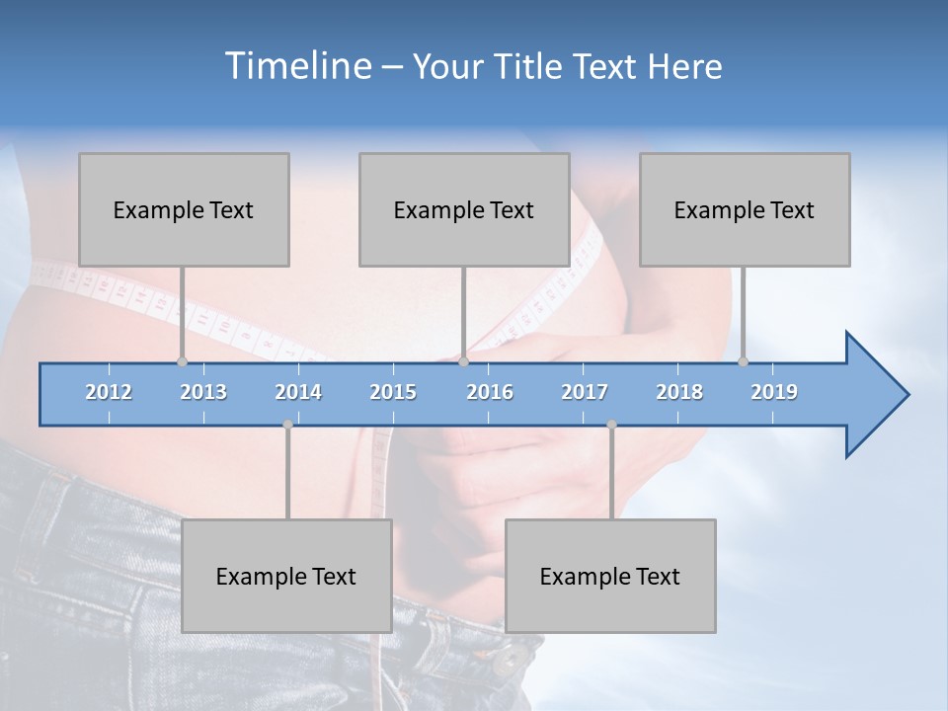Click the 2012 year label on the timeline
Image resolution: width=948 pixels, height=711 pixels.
coord(109,392)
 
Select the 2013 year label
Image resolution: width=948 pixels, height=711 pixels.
coord(203,392)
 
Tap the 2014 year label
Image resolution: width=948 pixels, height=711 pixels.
coord(298,392)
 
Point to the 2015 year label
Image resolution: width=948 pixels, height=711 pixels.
coord(393,392)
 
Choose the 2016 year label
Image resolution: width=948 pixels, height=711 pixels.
coord(490,392)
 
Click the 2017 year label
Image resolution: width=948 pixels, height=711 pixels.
coord(585,392)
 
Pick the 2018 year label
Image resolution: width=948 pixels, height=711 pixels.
coord(679,392)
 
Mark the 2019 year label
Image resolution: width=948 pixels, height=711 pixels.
coord(774,392)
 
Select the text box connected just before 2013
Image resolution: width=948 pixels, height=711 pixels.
coord(184,209)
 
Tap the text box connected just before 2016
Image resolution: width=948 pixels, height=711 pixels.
coord(464,209)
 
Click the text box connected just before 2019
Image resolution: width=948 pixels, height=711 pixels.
coord(745,209)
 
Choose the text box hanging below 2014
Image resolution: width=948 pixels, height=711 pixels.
coord(286,576)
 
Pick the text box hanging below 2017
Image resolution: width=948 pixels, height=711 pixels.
coord(610,576)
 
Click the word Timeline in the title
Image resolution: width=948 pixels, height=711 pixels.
coord(296,65)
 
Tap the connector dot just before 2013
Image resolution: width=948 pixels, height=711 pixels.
coord(182,361)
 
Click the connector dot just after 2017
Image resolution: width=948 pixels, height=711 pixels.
coord(611,425)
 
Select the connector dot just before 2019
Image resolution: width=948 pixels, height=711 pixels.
coord(743,361)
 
